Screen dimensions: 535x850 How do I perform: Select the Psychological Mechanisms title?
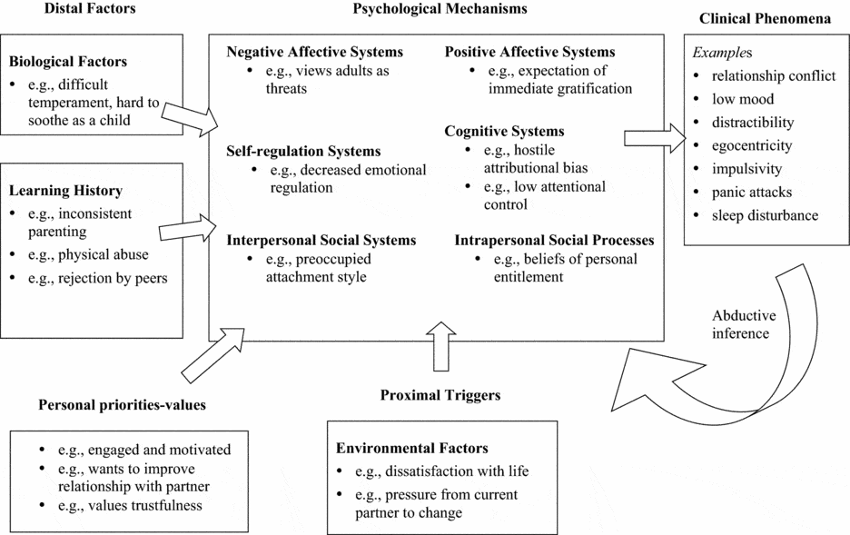tap(440, 8)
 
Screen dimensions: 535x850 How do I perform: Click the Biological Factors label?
tap(67, 63)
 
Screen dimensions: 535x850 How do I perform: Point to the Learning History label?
tap(64, 191)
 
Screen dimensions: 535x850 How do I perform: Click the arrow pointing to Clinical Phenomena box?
tap(652, 138)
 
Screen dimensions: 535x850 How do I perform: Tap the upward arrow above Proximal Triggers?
tap(441, 346)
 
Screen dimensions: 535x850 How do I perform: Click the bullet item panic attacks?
tap(752, 192)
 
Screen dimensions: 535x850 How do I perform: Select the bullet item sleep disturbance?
tap(765, 215)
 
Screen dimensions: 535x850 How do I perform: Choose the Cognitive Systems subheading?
tap(504, 132)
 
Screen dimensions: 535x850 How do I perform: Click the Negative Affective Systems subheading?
tap(314, 53)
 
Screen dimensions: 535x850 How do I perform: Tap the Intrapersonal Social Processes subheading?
tap(554, 241)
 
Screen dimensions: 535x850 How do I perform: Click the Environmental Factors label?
tap(411, 449)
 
